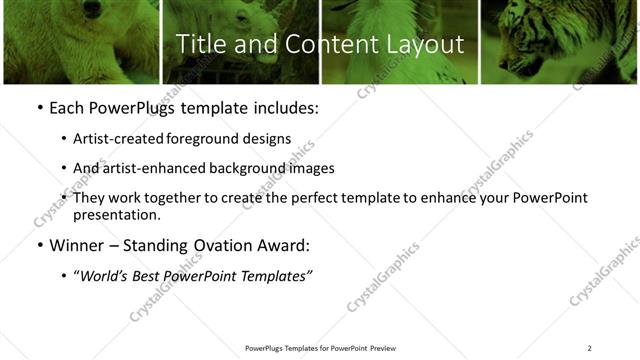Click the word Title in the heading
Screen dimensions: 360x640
click(x=198, y=45)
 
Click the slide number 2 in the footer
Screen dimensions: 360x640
click(x=589, y=348)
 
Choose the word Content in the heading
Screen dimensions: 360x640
click(x=319, y=45)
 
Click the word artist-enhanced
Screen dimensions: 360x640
click(x=154, y=168)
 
